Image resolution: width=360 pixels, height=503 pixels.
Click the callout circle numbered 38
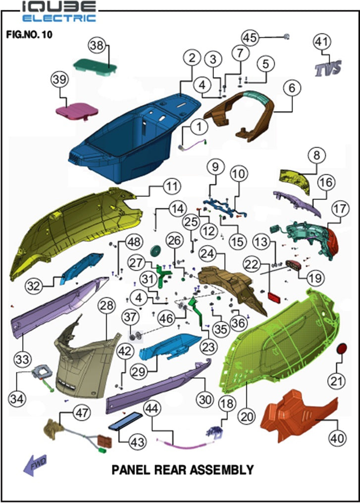(x=97, y=45)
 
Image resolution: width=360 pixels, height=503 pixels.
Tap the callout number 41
(x=322, y=42)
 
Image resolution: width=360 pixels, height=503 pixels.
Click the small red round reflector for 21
(x=341, y=349)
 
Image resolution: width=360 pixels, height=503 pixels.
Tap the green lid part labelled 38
(x=95, y=67)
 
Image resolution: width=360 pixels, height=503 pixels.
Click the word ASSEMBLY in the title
(x=222, y=470)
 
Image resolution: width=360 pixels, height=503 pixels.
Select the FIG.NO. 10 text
(x=29, y=34)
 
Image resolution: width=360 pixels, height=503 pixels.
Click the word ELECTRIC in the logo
(x=59, y=18)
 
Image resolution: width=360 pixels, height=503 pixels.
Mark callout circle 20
(x=247, y=417)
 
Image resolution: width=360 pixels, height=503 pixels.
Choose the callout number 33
(x=22, y=359)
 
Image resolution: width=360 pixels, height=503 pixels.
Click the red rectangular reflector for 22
(x=275, y=298)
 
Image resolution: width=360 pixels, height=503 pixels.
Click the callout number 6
(x=292, y=88)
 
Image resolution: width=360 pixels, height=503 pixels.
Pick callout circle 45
(x=250, y=37)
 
